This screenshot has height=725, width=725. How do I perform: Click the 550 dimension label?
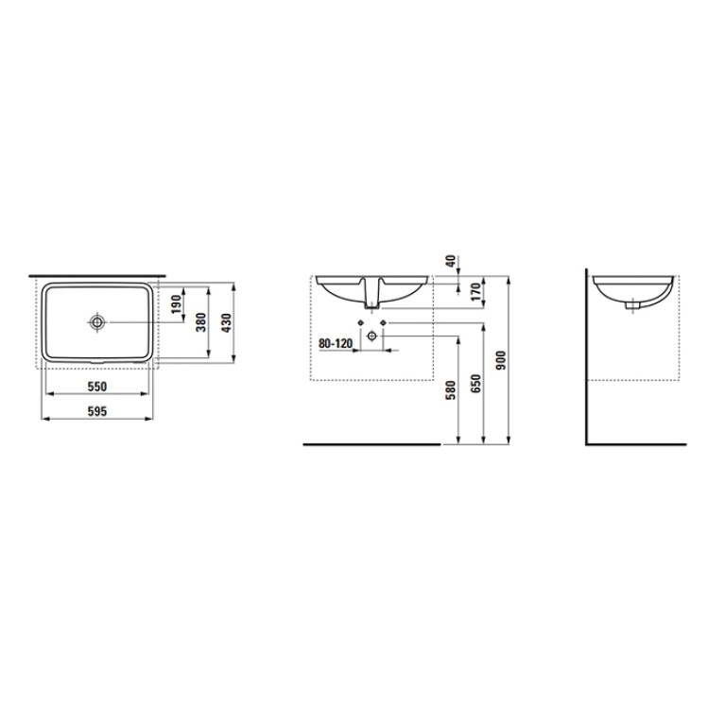[x=97, y=386]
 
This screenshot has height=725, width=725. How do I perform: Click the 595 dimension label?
[x=97, y=411]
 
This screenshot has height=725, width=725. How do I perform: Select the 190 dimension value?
[x=176, y=304]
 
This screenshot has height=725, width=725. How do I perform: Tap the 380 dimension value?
[x=201, y=321]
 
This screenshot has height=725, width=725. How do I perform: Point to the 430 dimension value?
[x=226, y=322]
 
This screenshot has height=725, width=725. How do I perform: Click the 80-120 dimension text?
[x=336, y=343]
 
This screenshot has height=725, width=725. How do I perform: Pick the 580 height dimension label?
[x=450, y=389]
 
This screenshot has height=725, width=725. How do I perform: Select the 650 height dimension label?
[x=475, y=384]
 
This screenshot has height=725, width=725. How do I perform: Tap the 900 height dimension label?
[x=501, y=361]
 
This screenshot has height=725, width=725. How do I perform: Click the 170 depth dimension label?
[x=475, y=291]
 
